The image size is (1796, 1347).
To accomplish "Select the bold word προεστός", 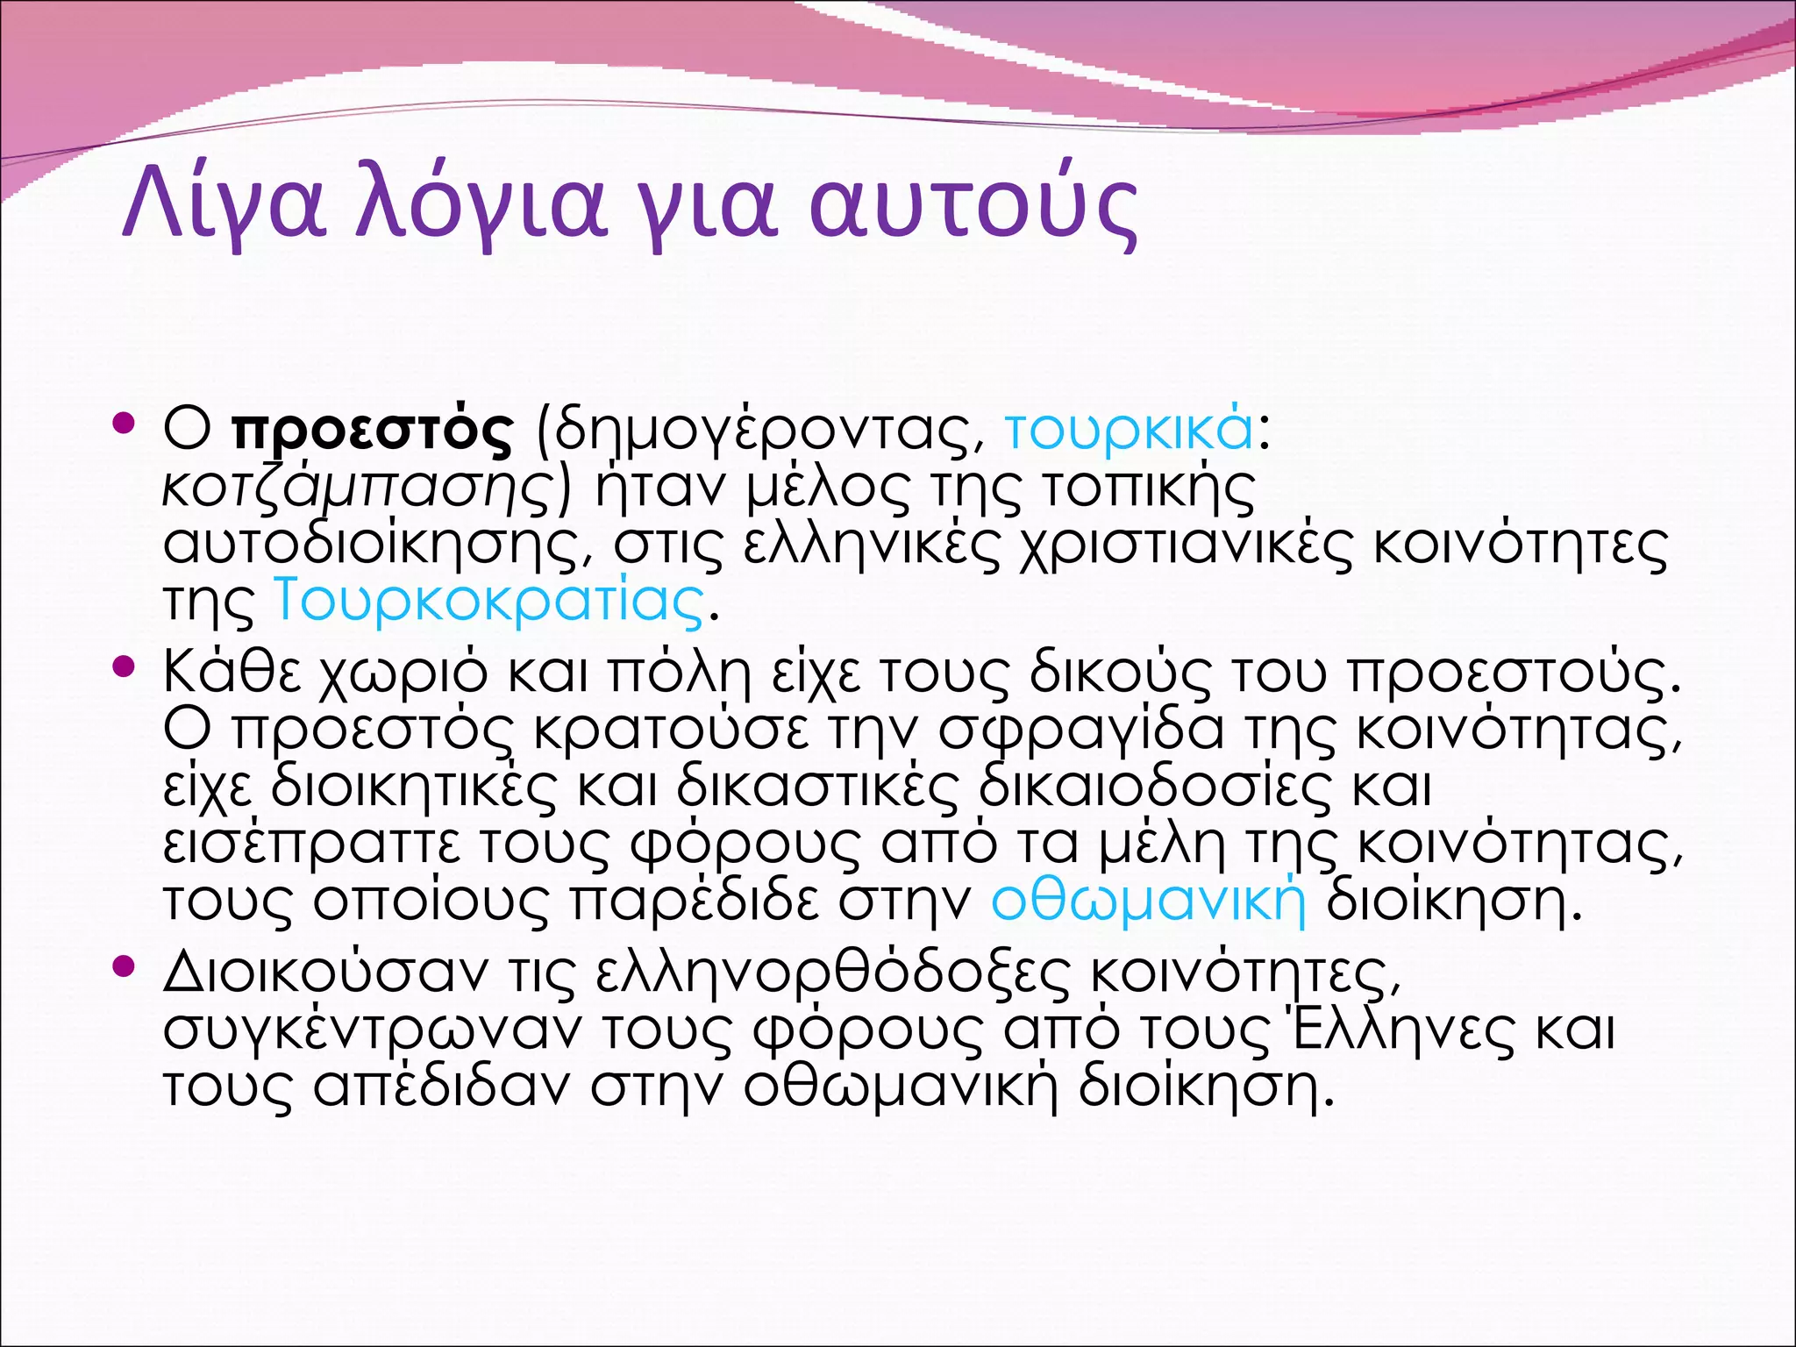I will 373,430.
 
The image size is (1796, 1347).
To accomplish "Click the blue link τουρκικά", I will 1129,430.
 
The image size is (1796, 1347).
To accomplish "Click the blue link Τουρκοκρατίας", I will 489,602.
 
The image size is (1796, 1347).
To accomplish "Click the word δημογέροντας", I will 767,430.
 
